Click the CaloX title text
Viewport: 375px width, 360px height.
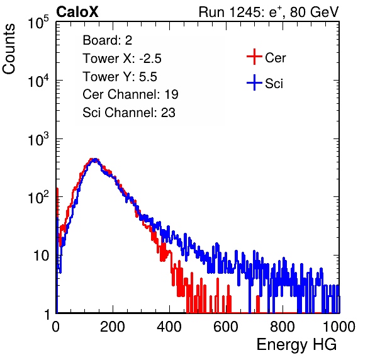(77, 12)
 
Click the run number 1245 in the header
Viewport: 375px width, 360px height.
(244, 12)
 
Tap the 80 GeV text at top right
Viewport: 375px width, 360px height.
(314, 12)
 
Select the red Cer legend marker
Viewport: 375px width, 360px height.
(254, 57)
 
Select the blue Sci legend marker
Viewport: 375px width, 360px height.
(254, 83)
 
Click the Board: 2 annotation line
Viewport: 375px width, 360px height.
(108, 40)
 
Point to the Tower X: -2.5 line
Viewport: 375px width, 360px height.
(122, 59)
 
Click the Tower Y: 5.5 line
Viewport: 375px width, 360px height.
(120, 77)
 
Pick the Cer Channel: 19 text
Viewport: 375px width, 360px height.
(130, 94)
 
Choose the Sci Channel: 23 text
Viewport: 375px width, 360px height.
(129, 113)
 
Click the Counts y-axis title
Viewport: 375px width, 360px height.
(9, 49)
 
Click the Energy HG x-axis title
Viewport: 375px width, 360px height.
(296, 345)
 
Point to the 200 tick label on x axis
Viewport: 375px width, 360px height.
(113, 327)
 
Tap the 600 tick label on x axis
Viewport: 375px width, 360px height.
(226, 327)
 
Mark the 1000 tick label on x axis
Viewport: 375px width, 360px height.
(339, 327)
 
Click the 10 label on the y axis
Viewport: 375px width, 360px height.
(41, 256)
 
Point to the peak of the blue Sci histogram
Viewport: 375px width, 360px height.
(96, 159)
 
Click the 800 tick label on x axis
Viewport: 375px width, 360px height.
(283, 327)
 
